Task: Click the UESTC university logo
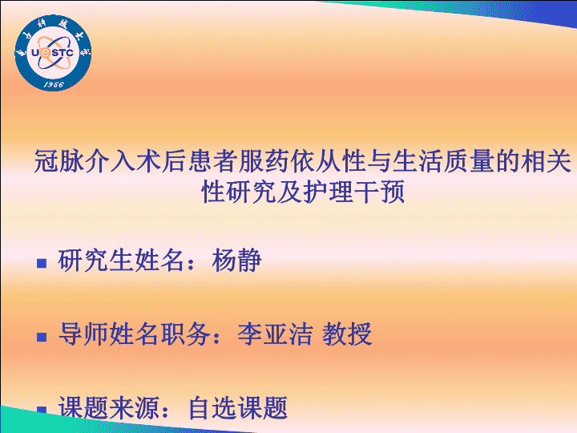coord(53,53)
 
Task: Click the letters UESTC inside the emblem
coord(52,53)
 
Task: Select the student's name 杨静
coord(236,261)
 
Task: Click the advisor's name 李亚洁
coord(275,334)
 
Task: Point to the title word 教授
coord(347,334)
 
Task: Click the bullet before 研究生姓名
coord(42,263)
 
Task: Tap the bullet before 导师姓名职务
coord(42,337)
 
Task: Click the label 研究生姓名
coord(121,261)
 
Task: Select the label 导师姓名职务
coord(135,334)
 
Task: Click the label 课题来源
coord(108,407)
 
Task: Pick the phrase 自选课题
coord(238,407)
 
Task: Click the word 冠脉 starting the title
coord(59,161)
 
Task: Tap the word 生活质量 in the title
coord(443,161)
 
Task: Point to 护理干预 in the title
coord(354,192)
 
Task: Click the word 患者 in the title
coord(212,161)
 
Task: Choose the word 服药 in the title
coord(264,161)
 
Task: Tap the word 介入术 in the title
coord(123,161)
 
